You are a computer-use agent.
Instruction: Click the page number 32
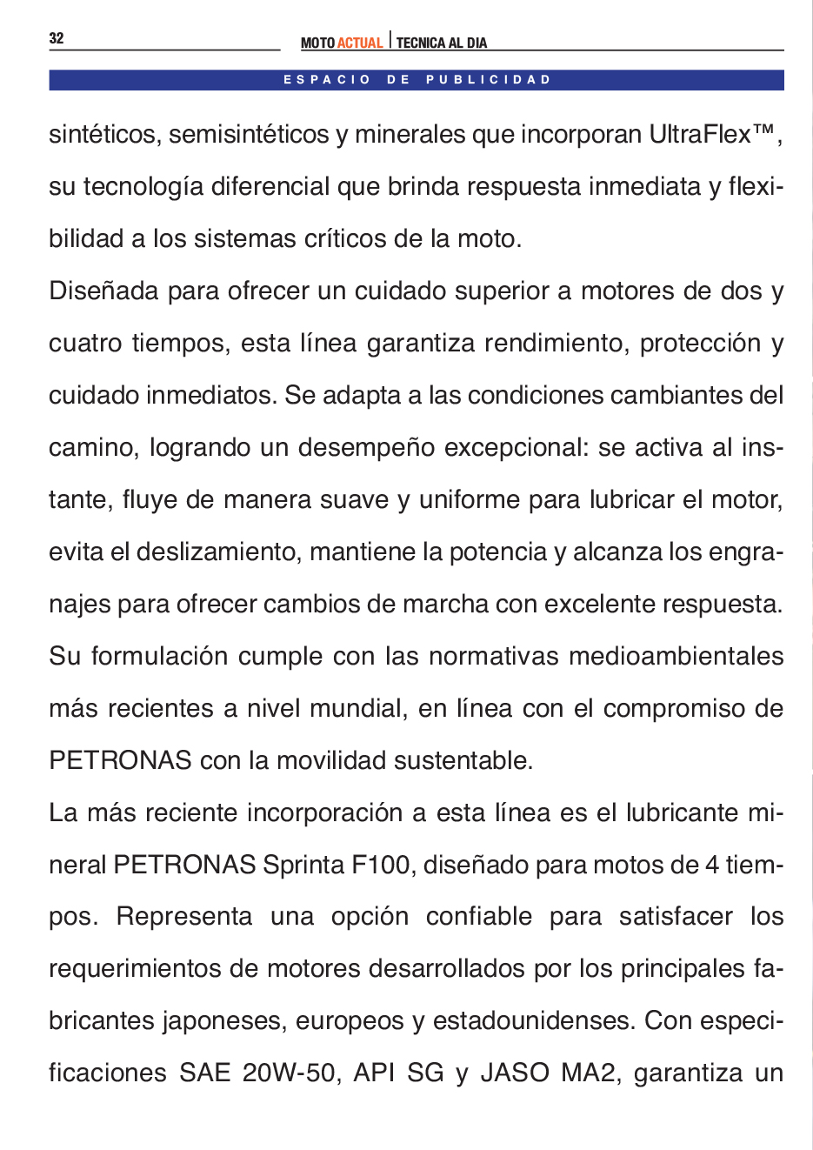coord(57,38)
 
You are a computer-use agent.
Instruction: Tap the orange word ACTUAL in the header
coord(360,43)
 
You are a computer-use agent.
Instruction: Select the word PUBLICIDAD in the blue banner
coord(489,80)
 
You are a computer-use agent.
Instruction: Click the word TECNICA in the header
coord(421,43)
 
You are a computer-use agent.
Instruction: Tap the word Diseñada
coord(103,291)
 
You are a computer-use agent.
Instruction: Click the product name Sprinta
coord(303,865)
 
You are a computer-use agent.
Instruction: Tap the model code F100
coord(381,865)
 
